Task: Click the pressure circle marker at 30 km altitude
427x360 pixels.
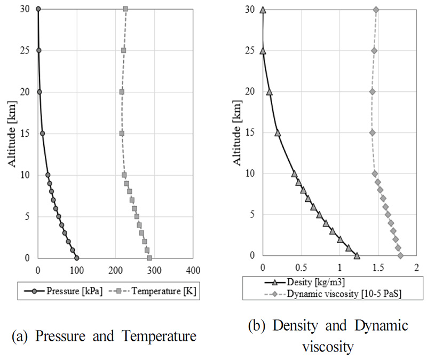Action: coord(38,9)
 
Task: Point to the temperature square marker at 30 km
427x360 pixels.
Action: coord(125,9)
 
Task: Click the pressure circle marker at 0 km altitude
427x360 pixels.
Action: coord(76,258)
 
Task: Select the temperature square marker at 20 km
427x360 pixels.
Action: coord(122,92)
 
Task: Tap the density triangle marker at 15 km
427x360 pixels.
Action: coord(278,132)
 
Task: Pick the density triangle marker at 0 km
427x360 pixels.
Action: coord(357,255)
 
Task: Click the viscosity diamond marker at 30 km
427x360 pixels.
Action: coord(376,10)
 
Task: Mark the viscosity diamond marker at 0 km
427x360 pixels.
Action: coord(400,256)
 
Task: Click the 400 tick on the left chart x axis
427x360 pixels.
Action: coord(193,269)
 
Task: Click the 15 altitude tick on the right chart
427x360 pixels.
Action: coord(252,132)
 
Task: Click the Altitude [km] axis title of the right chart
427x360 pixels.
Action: coord(238,133)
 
